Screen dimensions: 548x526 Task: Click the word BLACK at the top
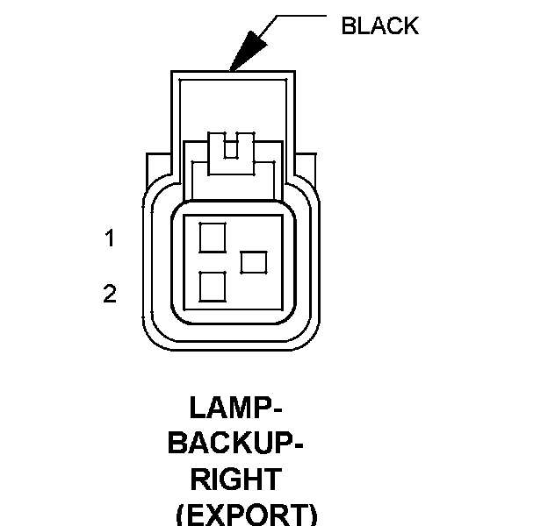click(379, 25)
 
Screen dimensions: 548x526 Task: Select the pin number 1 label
click(110, 238)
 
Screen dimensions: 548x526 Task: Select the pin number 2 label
click(110, 294)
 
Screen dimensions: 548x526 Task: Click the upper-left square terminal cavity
click(213, 237)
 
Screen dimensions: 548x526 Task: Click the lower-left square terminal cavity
click(213, 287)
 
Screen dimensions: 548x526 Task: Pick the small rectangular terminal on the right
click(254, 261)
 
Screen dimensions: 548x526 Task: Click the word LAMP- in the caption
click(234, 408)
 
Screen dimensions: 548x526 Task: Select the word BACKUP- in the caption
click(235, 444)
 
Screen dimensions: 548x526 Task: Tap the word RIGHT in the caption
click(235, 480)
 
